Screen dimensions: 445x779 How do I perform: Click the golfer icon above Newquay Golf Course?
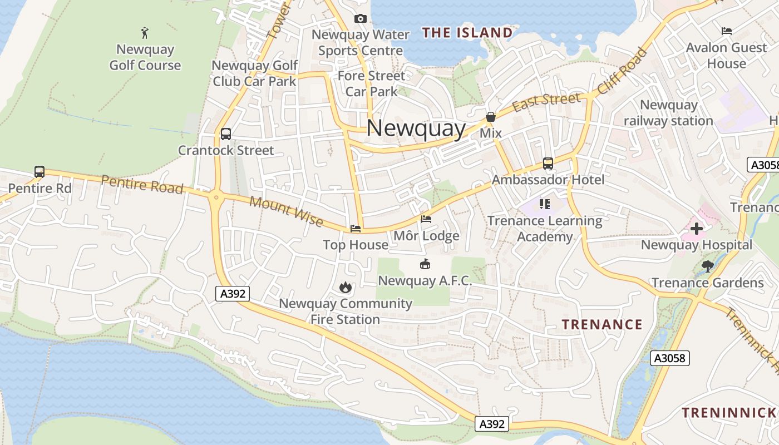tap(145, 33)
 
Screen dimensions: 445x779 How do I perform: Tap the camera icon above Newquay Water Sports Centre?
tap(360, 19)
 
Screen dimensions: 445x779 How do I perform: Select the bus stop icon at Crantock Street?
tap(225, 134)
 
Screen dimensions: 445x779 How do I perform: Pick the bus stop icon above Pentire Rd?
tap(39, 172)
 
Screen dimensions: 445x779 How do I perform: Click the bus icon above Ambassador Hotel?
tap(548, 164)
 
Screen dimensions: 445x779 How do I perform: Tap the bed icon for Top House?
tap(356, 229)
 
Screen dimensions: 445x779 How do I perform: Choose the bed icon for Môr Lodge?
tap(426, 219)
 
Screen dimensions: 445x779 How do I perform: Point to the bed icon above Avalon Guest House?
tap(726, 31)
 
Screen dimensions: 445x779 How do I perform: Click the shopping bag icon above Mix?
tap(490, 117)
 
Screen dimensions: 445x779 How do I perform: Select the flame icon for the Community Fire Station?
tap(345, 287)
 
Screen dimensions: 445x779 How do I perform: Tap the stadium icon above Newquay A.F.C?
tap(425, 264)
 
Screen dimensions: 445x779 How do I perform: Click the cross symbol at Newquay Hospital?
tap(696, 228)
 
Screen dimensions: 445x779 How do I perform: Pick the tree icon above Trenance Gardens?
tap(707, 266)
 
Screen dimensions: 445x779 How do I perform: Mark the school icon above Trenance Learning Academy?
tap(544, 204)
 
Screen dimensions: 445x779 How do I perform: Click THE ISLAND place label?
tap(467, 33)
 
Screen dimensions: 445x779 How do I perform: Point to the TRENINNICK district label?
tap(729, 413)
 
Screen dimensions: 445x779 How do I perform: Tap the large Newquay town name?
tap(416, 128)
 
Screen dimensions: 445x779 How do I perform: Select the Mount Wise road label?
tap(286, 211)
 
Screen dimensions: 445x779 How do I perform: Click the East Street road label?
tap(546, 102)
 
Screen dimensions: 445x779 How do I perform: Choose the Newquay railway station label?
tap(668, 113)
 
